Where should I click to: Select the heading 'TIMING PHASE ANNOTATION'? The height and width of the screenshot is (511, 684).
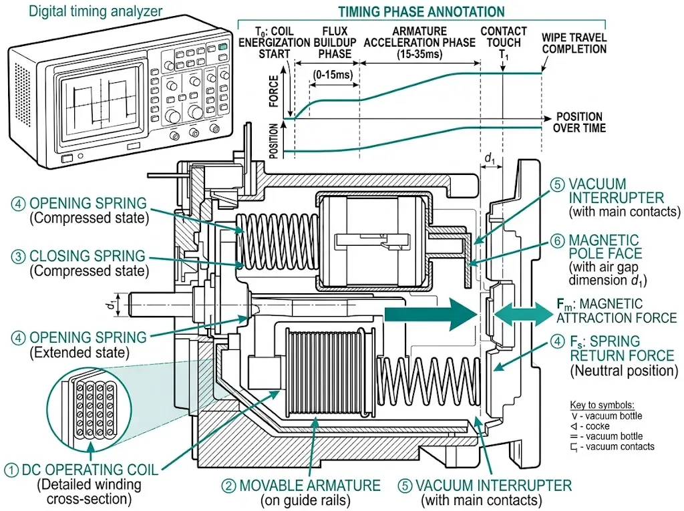pyautogui.click(x=421, y=11)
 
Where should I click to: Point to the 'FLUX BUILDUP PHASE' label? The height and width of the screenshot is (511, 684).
pyautogui.click(x=335, y=42)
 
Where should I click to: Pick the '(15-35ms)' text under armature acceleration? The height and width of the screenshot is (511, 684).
pyautogui.click(x=419, y=53)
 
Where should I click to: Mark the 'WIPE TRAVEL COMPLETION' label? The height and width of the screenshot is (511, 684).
pyautogui.click(x=574, y=43)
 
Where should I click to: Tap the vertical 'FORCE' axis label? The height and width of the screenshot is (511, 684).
pyautogui.click(x=274, y=92)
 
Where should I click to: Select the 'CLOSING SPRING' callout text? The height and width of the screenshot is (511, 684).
pyautogui.click(x=87, y=256)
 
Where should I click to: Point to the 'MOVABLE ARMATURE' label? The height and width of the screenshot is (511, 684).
pyautogui.click(x=309, y=485)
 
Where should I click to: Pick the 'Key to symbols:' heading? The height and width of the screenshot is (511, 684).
pyautogui.click(x=601, y=405)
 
